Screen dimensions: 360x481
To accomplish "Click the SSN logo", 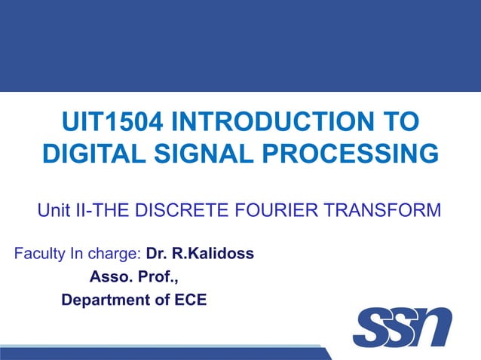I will [402, 328].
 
